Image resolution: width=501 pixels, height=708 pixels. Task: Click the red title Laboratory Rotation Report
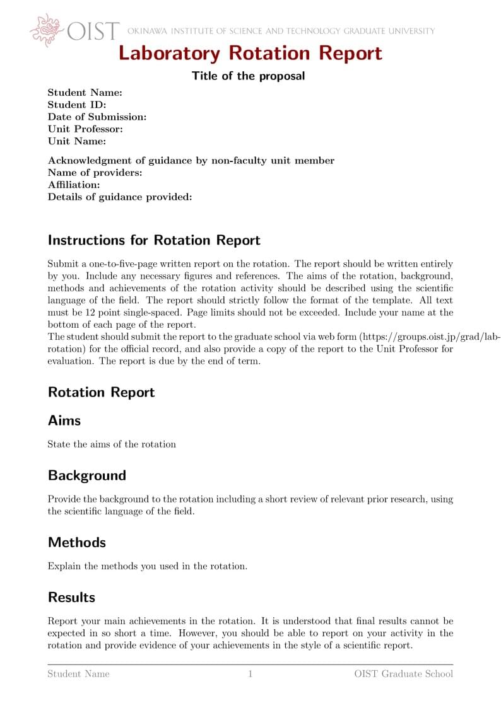point(250,54)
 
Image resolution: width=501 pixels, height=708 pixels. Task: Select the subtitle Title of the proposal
point(248,76)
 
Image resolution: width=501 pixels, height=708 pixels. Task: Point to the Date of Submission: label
point(97,117)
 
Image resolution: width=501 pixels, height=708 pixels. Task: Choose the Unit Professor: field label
point(85,129)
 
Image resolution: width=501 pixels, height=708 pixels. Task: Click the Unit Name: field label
point(77,141)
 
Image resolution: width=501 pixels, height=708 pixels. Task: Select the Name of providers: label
point(95,173)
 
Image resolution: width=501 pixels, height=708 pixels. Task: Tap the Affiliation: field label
point(74,185)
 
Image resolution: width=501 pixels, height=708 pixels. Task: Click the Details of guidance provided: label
point(120,197)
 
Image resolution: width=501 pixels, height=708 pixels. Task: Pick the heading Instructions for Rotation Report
point(154,240)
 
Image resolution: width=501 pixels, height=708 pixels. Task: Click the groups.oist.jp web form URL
point(429,337)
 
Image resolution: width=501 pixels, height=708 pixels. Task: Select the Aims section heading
point(64,421)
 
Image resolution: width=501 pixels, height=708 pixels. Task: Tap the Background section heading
point(87,475)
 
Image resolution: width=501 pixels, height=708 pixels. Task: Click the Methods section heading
point(77,542)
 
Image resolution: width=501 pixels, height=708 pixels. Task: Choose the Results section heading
point(72,597)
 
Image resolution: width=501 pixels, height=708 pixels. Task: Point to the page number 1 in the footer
point(250,674)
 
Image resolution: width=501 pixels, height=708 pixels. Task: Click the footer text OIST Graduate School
point(403,674)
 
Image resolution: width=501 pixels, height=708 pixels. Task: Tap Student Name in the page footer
point(79,674)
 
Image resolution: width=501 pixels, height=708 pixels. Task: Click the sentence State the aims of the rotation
point(112,444)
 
